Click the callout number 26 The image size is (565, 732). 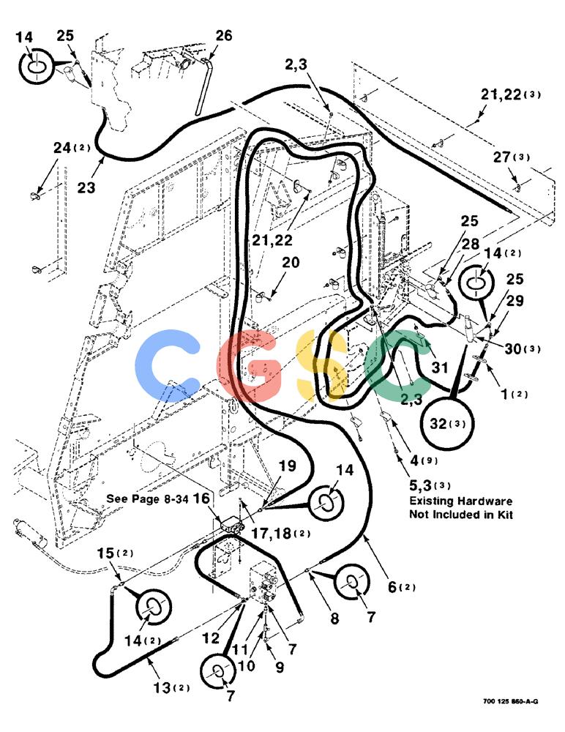[x=224, y=35]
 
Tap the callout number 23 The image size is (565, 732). [x=86, y=187]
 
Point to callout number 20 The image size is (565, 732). [x=291, y=262]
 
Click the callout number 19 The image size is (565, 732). [x=288, y=466]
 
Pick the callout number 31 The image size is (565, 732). [x=439, y=368]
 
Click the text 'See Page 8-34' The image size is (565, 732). [x=148, y=498]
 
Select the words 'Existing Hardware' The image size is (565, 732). [x=461, y=501]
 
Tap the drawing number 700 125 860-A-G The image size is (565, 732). [x=510, y=701]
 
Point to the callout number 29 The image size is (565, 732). [x=515, y=301]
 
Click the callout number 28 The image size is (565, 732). [x=471, y=244]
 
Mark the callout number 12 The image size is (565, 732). [x=211, y=638]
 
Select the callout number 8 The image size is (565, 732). [x=334, y=619]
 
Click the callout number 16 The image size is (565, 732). [x=202, y=498]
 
